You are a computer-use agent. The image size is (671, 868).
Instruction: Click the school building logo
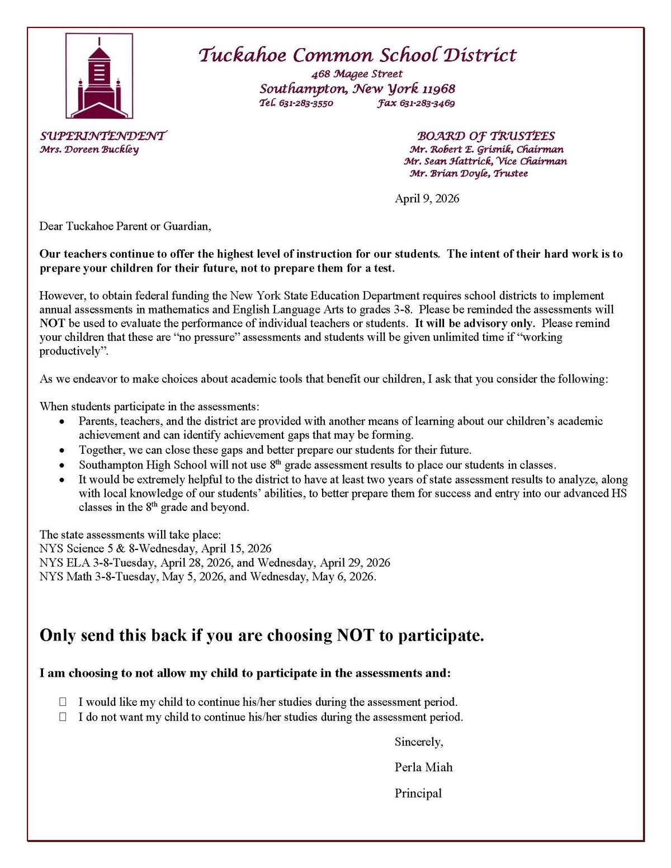coord(99,76)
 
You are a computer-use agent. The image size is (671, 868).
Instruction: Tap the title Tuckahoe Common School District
coord(357,55)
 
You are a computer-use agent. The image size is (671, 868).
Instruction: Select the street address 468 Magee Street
coord(357,74)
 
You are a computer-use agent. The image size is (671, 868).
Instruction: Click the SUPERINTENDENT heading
coord(103,136)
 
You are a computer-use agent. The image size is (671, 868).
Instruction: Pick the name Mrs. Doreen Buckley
coord(89,149)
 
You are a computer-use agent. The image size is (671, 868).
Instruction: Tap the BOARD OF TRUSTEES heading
coord(486,136)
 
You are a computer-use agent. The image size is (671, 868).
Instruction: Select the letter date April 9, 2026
coord(427,198)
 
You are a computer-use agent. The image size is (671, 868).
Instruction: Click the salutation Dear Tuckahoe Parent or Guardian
coord(125,226)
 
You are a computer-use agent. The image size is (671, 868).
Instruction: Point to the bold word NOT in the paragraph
coord(52,323)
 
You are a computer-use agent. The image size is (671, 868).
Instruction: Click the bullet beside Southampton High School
coord(63,465)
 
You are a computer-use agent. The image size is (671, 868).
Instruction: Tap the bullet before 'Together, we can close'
coord(63,450)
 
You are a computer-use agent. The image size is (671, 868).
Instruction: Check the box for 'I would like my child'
coord(63,702)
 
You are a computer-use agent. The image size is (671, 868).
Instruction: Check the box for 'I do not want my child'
coord(63,717)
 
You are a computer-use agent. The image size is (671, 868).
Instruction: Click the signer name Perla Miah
coord(423,767)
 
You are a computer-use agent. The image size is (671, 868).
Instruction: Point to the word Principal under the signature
coord(418,793)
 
